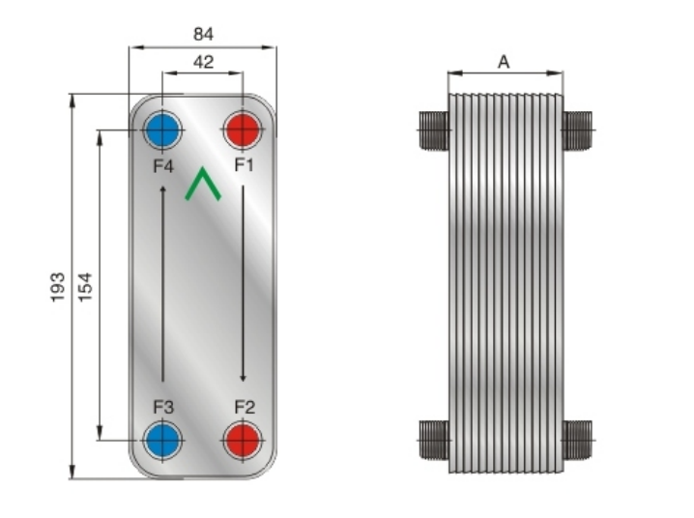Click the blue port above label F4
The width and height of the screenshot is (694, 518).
point(162,130)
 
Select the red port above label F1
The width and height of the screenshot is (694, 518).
point(243,130)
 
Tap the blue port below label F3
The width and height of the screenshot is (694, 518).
point(162,441)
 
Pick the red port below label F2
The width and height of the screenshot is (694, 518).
point(243,441)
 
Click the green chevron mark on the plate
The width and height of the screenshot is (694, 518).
point(203,183)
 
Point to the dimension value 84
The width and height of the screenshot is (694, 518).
point(203,34)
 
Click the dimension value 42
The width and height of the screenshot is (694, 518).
point(203,62)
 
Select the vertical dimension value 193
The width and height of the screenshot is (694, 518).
point(58,287)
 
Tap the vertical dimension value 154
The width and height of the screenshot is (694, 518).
point(85,287)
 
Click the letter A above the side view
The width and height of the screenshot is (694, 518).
point(504,62)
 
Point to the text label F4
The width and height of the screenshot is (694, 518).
point(163,166)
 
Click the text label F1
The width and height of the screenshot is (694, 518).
point(244,165)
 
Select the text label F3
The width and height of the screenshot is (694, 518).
point(163,407)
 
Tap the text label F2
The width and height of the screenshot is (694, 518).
point(245,407)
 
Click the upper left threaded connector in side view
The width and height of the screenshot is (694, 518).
point(434,130)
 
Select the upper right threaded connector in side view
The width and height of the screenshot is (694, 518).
point(578,130)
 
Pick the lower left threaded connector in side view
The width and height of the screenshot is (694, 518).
point(434,440)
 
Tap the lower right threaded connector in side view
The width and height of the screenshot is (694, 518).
point(578,440)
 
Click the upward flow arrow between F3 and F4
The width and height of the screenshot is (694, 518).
point(162,283)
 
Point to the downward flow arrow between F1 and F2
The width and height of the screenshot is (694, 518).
point(243,283)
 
